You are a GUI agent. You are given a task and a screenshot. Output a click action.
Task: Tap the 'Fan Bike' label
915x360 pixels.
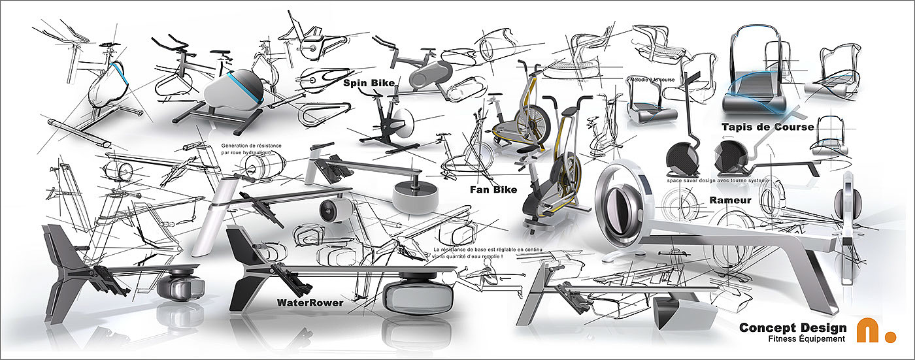tap(493, 190)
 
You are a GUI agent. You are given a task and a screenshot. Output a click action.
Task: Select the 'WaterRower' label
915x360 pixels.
tap(310, 303)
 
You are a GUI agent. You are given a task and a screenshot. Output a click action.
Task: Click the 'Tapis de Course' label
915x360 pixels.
tap(768, 127)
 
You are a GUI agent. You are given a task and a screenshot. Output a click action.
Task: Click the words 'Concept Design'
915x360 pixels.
tap(793, 327)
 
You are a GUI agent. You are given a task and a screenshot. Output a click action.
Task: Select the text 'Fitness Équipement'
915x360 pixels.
tap(807, 339)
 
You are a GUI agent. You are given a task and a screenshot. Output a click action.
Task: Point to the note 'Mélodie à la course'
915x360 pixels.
tap(651, 80)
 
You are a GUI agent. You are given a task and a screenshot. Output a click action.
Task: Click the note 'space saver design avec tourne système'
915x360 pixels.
tap(718, 180)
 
